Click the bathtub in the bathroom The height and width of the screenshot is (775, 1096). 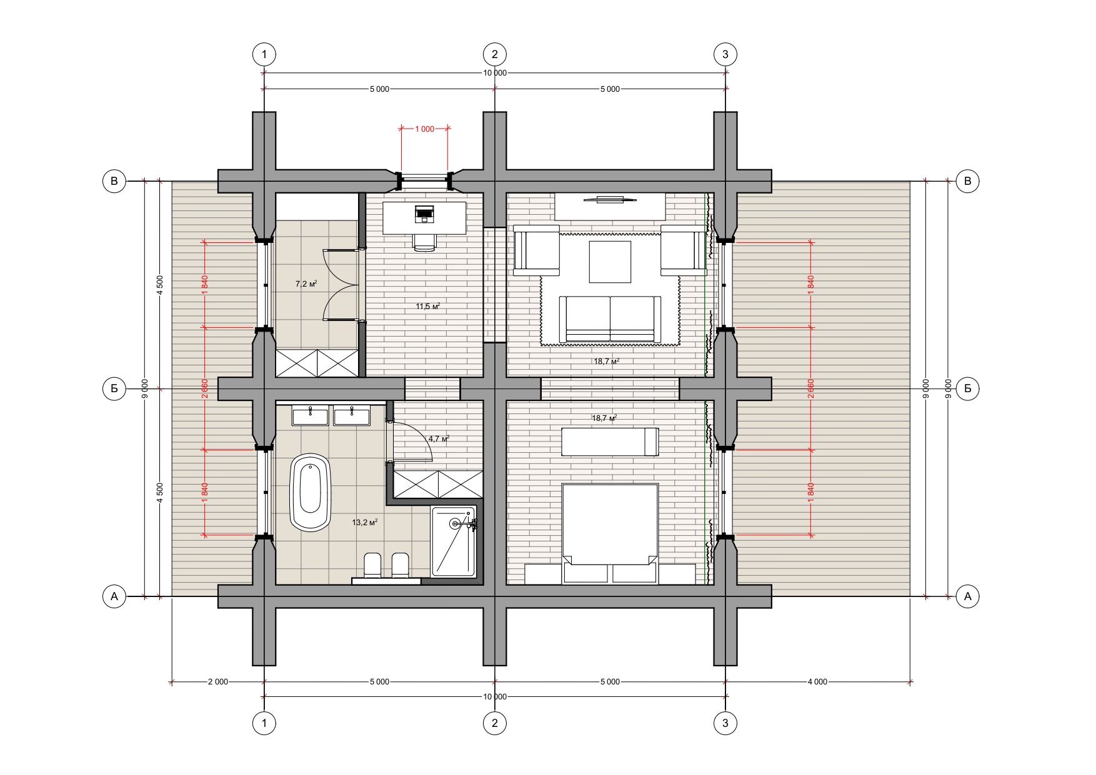tap(311, 493)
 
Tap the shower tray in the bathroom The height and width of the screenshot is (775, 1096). tap(454, 541)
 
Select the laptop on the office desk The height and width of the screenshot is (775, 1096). tap(424, 214)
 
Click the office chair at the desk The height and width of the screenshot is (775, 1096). tap(424, 242)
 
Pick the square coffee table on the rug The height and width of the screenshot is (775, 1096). tap(610, 262)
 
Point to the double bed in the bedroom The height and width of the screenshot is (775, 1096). tap(610, 533)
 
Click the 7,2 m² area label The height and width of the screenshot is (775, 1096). tap(306, 284)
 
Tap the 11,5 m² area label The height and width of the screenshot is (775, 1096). tap(428, 306)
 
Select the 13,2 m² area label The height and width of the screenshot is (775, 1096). tap(365, 522)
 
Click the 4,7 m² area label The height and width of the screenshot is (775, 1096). tap(439, 439)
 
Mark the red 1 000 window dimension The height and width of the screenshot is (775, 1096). tap(424, 129)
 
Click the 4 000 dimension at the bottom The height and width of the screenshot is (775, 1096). tap(817, 682)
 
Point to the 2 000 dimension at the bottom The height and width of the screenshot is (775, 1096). tap(218, 682)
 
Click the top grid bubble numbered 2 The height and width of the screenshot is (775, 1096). tap(495, 54)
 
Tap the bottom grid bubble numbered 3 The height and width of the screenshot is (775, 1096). tap(725, 723)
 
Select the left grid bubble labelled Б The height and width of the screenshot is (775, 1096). tap(114, 388)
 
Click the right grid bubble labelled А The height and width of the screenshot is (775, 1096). tap(968, 596)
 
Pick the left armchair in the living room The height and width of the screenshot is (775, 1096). tap(536, 250)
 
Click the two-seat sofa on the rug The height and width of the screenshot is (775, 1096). tap(610, 319)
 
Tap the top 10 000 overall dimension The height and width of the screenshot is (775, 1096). tap(495, 73)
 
